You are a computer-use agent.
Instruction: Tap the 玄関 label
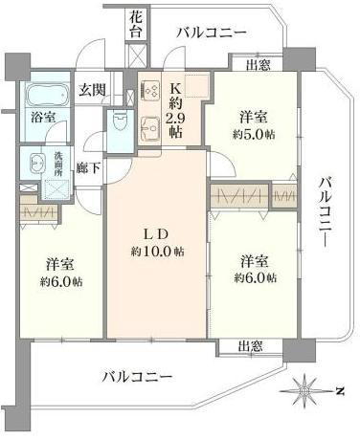tap(92, 90)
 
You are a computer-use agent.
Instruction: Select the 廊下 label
tap(89, 168)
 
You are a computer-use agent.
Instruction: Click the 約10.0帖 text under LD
tap(157, 252)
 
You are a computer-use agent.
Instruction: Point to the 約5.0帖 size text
tap(254, 135)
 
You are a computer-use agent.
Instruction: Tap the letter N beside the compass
tap(340, 391)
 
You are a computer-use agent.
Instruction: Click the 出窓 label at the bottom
tap(251, 346)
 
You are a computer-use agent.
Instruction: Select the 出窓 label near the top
tap(259, 65)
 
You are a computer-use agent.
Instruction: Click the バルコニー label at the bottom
tap(137, 378)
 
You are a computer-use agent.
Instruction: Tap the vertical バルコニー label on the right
tap(326, 212)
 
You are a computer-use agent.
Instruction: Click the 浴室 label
tap(43, 118)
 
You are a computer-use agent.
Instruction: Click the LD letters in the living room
tap(156, 235)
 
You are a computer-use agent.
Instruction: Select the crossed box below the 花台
tap(137, 56)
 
